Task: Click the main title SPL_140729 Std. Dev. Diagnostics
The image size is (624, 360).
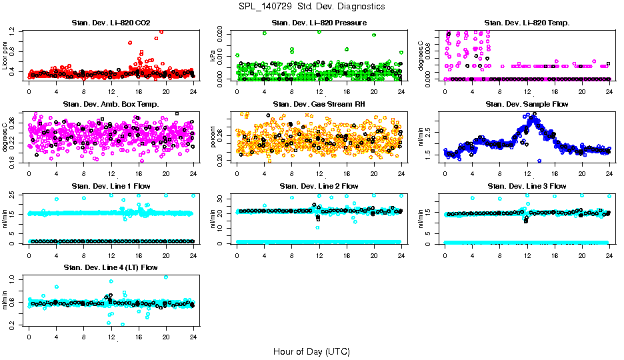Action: (311, 7)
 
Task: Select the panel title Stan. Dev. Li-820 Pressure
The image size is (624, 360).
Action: (319, 23)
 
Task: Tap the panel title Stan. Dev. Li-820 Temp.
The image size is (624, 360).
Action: (527, 23)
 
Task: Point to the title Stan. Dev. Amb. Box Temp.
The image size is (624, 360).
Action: (111, 105)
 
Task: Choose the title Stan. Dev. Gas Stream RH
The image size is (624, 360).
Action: (319, 105)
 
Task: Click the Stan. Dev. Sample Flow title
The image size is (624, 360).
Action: (527, 105)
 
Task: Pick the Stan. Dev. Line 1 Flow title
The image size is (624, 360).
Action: (111, 186)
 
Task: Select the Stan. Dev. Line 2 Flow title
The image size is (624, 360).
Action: (319, 186)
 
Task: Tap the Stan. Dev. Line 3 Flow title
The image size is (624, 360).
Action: (527, 186)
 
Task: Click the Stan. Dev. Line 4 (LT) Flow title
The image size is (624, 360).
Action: (111, 267)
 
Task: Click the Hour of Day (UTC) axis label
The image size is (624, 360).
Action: (311, 351)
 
